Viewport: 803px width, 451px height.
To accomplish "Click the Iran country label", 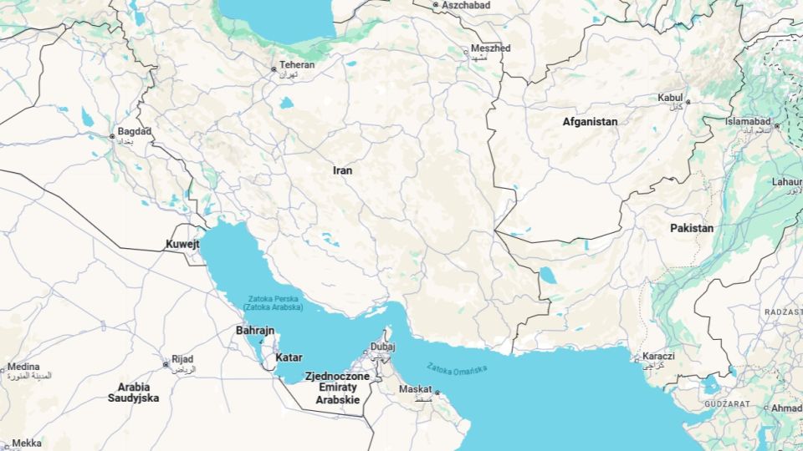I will pyautogui.click(x=342, y=170).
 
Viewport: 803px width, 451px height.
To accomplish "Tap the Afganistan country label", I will pyautogui.click(x=590, y=122).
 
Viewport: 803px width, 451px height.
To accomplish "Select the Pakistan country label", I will pyautogui.click(x=692, y=228).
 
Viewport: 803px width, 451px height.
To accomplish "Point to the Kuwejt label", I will pyautogui.click(x=183, y=245).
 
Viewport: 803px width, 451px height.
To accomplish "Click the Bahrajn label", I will pyautogui.click(x=255, y=331).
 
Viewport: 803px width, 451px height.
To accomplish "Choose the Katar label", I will pyautogui.click(x=289, y=358).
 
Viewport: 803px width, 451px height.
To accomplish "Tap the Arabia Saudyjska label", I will pyautogui.click(x=134, y=393).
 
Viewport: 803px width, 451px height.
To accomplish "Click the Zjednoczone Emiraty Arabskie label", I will pyautogui.click(x=337, y=388).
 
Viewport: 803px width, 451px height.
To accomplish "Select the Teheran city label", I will pyautogui.click(x=297, y=65).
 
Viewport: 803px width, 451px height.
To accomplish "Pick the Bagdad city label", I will pyautogui.click(x=135, y=132).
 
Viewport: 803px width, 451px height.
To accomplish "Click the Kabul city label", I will pyautogui.click(x=670, y=98).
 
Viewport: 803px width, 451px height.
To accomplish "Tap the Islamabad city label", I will pyautogui.click(x=748, y=122).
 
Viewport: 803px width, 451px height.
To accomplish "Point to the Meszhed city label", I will pyautogui.click(x=490, y=49).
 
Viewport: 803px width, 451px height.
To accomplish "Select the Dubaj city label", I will pyautogui.click(x=382, y=346).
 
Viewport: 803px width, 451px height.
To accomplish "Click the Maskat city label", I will pyautogui.click(x=415, y=389).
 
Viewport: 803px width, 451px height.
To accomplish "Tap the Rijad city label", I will pyautogui.click(x=182, y=359).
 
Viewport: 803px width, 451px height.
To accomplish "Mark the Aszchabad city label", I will pyautogui.click(x=466, y=5).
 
